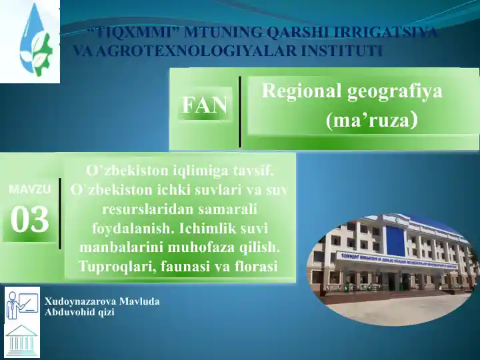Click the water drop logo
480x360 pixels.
(34, 41)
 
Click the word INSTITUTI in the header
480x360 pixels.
(341, 51)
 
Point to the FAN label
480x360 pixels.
(205, 105)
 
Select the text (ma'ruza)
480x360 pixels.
(371, 120)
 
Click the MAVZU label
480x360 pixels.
(30, 189)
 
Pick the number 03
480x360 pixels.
(30, 219)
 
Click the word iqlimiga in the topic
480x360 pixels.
(199, 171)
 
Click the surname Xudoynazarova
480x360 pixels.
(80, 301)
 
